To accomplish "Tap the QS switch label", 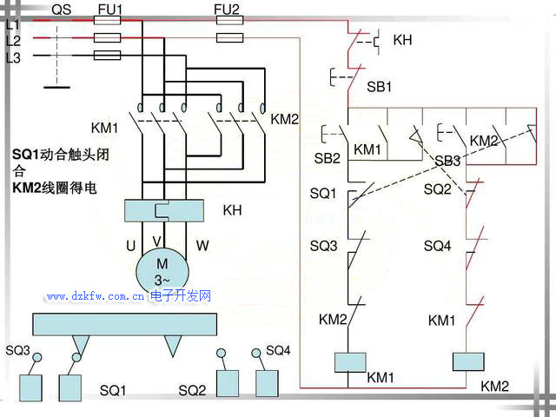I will pos(62,10).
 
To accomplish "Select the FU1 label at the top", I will pos(109,10).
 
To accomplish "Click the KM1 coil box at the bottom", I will pos(347,361).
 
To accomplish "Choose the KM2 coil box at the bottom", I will pos(467,361).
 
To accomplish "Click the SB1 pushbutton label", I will pos(380,87).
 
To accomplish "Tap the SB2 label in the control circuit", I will pos(328,158).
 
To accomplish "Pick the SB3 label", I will pos(447,161).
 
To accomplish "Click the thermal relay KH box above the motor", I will pos(164,210).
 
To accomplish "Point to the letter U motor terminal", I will pos(130,246).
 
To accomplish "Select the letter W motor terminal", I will pos(202,246).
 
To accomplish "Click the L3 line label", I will pos(13,58).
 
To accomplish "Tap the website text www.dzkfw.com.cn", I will pos(96,296).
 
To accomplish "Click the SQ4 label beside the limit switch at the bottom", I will pos(278,350).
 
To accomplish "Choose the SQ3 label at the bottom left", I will pos(17,350).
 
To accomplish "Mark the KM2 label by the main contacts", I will pos(284,119).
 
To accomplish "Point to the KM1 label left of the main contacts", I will pos(104,128).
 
